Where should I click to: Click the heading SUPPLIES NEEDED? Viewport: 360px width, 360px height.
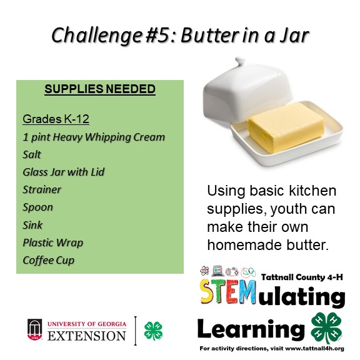(x=100, y=89)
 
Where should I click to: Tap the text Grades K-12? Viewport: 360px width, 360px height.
(x=56, y=119)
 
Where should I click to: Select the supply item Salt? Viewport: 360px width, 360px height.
(x=32, y=154)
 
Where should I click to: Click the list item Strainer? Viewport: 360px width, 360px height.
(x=42, y=189)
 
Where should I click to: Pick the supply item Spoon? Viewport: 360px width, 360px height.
(x=37, y=207)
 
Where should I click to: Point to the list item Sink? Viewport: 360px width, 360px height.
(x=32, y=225)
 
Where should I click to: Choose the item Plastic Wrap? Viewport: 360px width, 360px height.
(x=52, y=242)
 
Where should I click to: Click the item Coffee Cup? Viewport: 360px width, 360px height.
(x=49, y=260)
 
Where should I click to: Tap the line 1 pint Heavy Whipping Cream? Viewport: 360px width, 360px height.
(x=94, y=137)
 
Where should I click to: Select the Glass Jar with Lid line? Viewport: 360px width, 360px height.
(x=63, y=172)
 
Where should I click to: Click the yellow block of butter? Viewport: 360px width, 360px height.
(x=286, y=128)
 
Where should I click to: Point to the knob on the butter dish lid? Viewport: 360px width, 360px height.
(x=240, y=61)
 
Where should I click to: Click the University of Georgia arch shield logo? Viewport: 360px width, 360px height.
(x=34, y=329)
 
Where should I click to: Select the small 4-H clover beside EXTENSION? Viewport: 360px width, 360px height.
(x=153, y=331)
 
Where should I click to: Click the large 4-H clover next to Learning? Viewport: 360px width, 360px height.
(x=326, y=328)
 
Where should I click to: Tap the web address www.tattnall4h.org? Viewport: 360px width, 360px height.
(x=314, y=349)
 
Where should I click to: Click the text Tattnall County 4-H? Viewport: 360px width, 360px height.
(x=302, y=277)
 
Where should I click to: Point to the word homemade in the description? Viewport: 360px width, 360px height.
(x=244, y=245)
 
